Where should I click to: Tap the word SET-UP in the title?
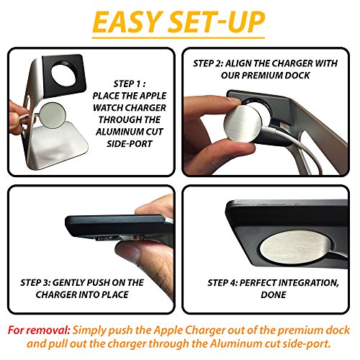216,22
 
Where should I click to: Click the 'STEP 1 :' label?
129,84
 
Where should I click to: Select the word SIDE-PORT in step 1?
130,144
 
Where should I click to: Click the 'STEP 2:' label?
208,63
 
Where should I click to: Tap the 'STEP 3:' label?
35,282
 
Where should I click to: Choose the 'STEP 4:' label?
222,283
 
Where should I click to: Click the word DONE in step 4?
274,294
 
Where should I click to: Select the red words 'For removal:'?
39,330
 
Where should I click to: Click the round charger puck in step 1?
52,114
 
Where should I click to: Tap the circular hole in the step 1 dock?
64,73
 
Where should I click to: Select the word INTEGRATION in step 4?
308,283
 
